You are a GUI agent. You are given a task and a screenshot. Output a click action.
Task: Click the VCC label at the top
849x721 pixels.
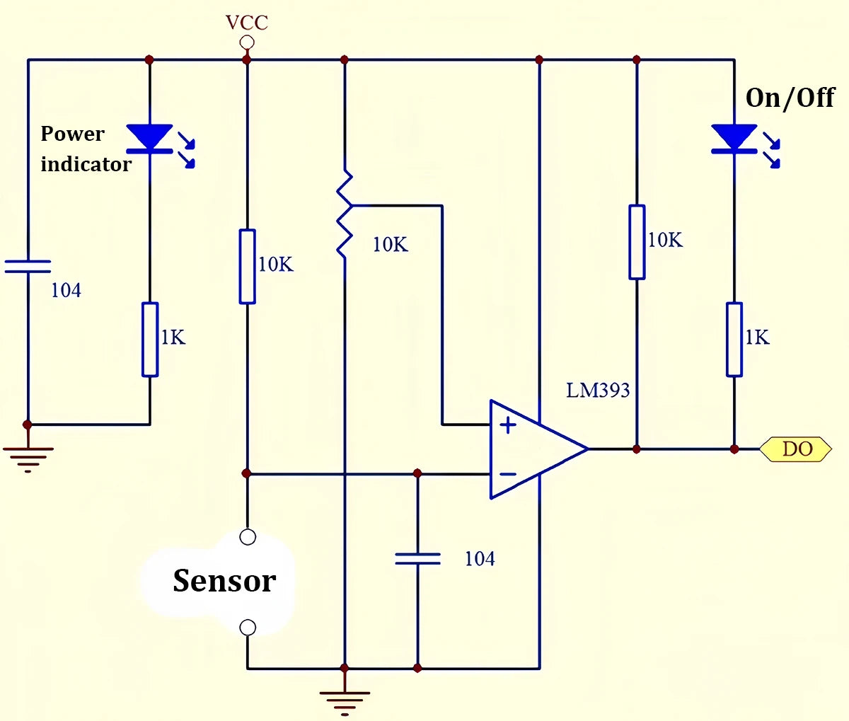[x=247, y=23]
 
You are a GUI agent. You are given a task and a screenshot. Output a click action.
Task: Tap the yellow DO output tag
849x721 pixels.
[x=796, y=449]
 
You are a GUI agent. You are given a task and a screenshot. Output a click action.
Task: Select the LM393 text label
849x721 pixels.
[x=598, y=390]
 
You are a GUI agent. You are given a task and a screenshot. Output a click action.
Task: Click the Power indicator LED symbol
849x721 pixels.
[x=150, y=138]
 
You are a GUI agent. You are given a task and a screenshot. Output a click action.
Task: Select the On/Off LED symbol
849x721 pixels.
[x=734, y=138]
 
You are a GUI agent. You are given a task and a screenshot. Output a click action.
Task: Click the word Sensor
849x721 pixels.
[x=224, y=581]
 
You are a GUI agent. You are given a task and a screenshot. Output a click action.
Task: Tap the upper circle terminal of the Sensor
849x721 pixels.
[x=248, y=537]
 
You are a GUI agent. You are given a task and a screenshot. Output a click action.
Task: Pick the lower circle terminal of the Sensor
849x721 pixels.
[x=248, y=627]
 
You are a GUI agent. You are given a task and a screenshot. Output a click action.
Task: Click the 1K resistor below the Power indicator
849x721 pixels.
[x=150, y=339]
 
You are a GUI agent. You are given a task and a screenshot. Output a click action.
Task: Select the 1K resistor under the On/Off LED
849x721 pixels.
[x=734, y=339]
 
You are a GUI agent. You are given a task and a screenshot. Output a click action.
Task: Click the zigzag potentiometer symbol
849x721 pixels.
[x=345, y=213]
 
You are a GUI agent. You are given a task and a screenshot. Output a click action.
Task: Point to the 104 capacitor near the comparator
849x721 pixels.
[x=417, y=559]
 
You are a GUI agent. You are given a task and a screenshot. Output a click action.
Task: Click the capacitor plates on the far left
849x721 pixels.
[x=28, y=266]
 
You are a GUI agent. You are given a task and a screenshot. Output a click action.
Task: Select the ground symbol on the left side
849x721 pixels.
[x=28, y=456]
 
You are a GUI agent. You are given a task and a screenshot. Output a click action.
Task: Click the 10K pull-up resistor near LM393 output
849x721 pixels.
[x=637, y=242]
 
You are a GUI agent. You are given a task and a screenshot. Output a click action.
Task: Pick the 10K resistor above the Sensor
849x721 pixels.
[x=247, y=266]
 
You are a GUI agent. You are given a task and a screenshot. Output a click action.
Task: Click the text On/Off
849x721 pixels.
[x=790, y=98]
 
